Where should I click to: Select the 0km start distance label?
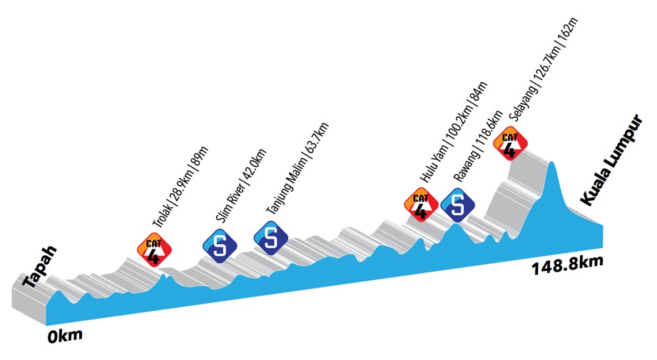[65, 335]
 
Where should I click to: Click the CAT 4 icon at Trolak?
[155, 248]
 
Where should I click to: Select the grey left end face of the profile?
[29, 303]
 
